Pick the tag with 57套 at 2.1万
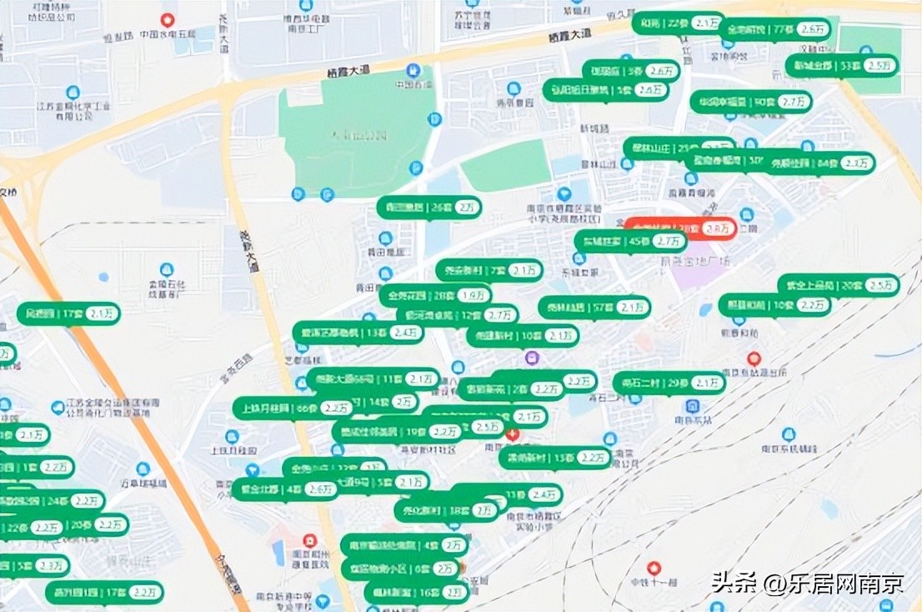coord(594,308)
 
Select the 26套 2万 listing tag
coord(428,207)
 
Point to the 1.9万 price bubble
coord(473,294)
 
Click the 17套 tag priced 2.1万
coord(69,314)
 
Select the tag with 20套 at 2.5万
coord(839,285)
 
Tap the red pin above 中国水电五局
coord(168,19)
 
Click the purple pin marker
coord(532,358)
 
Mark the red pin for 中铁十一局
coord(654,567)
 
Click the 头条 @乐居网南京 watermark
coord(807,582)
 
